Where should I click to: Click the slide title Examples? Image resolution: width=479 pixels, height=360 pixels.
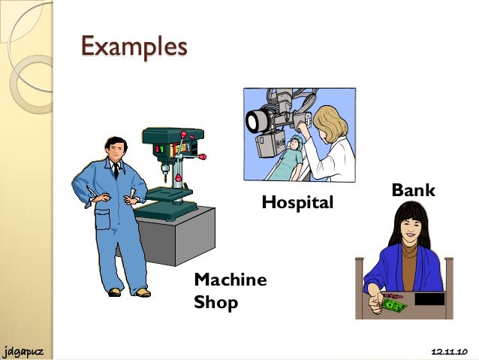click(134, 46)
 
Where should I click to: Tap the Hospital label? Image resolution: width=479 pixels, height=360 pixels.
click(297, 202)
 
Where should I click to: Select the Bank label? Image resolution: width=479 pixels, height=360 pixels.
click(413, 191)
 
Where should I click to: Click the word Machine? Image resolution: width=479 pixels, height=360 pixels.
click(230, 280)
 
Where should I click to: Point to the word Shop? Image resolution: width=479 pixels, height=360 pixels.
click(215, 303)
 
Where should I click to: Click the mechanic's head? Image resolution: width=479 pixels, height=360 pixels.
click(115, 149)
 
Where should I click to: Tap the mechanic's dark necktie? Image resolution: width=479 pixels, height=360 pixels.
click(115, 170)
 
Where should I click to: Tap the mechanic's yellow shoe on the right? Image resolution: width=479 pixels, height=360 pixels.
click(141, 292)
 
